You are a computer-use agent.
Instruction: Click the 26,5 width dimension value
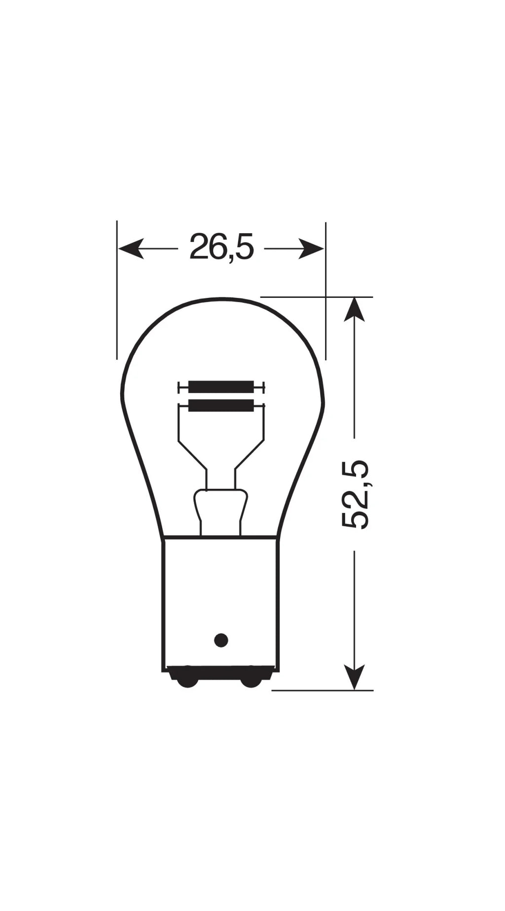221,248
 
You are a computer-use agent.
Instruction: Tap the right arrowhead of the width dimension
312,248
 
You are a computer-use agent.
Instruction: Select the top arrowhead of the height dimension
354,310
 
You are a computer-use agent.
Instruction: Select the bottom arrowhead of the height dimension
354,677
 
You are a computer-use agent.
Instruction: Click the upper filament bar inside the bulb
221,387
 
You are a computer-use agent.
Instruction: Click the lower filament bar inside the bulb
221,405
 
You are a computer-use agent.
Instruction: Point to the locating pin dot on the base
221,640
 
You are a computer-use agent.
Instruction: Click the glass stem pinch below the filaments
220,508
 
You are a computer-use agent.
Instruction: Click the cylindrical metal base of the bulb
220,592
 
